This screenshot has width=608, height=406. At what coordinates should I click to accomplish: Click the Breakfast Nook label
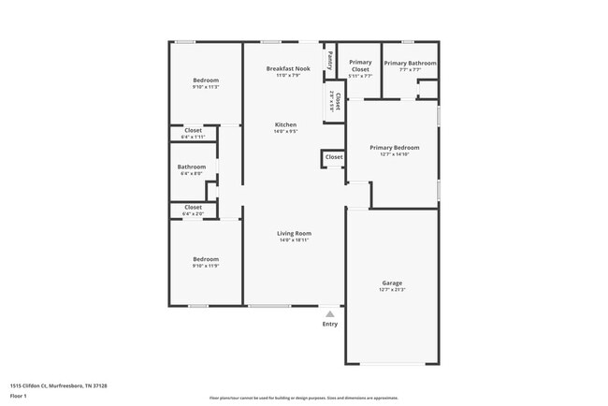point(285,68)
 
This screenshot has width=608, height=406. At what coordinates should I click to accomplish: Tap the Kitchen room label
point(285,124)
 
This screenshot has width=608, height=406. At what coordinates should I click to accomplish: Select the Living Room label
point(294,233)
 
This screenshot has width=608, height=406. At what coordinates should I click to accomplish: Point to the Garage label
point(392,283)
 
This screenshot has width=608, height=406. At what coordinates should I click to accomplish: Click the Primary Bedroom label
point(394,147)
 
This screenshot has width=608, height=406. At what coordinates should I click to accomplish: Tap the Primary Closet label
point(360,66)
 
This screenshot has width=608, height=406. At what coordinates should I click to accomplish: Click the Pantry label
point(330,60)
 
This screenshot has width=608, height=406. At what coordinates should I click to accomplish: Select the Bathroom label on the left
point(192,167)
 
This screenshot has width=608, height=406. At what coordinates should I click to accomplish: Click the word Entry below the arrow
point(330,324)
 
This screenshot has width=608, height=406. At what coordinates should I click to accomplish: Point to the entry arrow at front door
point(330,314)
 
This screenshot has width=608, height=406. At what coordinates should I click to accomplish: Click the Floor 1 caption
point(19,396)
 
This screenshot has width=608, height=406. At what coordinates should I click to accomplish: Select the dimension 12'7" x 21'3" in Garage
point(392,290)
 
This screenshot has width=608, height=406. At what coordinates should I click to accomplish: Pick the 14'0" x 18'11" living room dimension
point(294,240)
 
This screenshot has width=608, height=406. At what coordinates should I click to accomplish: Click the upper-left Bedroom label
point(206,80)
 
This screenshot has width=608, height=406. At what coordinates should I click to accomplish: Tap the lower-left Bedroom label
point(206,259)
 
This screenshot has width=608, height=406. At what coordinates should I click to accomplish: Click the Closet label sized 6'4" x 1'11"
point(193,130)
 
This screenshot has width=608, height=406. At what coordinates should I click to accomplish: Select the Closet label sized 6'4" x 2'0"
point(193,207)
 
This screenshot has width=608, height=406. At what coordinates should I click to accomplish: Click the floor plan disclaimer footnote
point(303,398)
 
